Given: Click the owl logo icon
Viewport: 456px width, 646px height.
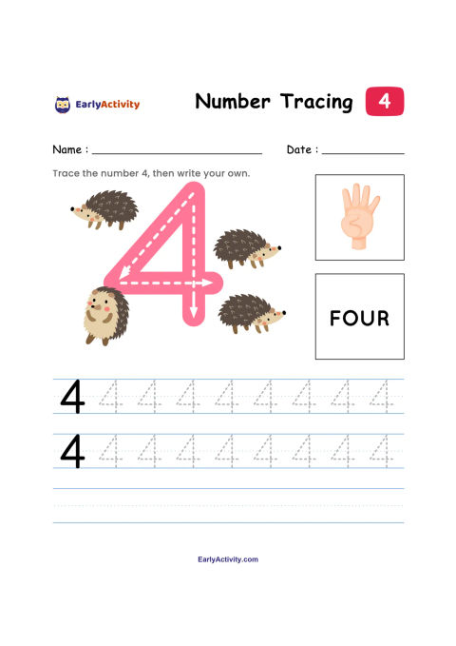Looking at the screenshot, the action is pos(63,105).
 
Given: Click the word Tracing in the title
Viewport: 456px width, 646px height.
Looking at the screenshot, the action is pos(316,102).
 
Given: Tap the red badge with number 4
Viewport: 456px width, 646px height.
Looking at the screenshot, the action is pos(385,101).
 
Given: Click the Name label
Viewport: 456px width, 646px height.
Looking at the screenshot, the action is pos(70,149).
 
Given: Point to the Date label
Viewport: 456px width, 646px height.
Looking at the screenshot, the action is pos(302,149).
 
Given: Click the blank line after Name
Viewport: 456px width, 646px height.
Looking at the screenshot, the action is pos(177,154).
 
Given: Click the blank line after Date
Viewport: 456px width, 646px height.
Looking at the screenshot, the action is pos(363,154).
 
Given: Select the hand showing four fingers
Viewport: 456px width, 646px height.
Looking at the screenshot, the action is pos(359,216).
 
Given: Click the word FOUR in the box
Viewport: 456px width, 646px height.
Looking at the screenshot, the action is pos(359,318).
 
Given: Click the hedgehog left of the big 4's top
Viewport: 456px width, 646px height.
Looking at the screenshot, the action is pos(104,209).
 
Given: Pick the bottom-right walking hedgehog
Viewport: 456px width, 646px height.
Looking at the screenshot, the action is pos(251,313).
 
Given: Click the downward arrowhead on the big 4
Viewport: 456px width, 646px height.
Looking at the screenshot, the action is pos(194,312).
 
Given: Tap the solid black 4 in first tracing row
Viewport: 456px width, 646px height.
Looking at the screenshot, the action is pos(72,397).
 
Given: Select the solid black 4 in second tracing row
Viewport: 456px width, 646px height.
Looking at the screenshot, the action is pos(72,452).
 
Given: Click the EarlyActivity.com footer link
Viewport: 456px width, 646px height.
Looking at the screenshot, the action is pos(228,559).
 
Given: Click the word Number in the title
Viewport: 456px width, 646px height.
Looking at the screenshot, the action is pos(233,102).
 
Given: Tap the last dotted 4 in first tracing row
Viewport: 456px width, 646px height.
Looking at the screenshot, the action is pos(381,397).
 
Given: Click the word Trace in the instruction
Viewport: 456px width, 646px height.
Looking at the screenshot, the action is pos(66,173).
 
